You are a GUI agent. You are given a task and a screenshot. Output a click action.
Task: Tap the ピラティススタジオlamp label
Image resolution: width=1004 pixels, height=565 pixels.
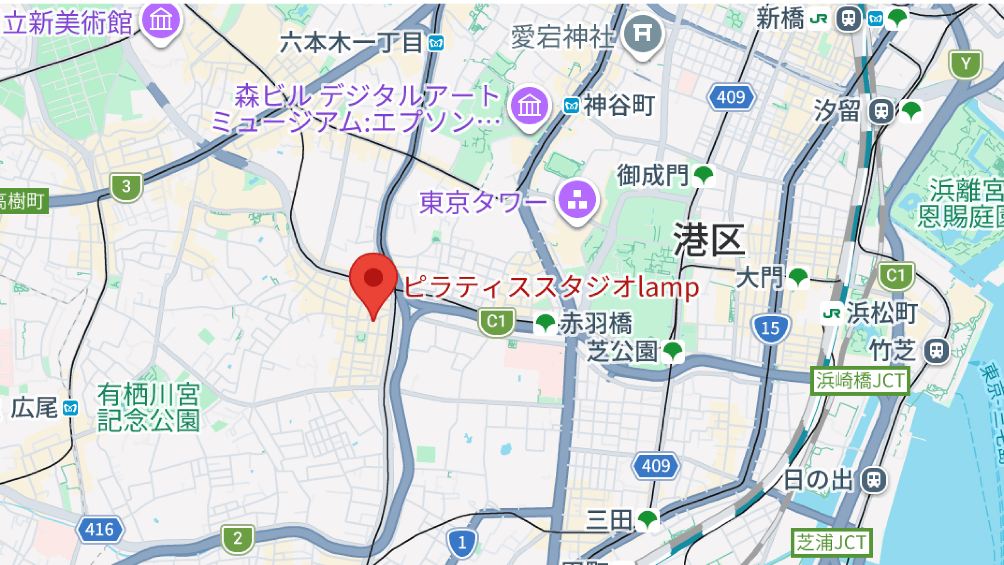click(551, 287)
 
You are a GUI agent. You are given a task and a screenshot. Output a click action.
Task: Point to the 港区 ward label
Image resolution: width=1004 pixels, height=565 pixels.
click(709, 240)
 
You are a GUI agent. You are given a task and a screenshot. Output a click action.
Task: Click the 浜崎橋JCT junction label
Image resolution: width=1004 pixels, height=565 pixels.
click(860, 381)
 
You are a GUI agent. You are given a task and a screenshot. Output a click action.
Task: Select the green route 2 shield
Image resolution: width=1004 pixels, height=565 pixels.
click(238, 538)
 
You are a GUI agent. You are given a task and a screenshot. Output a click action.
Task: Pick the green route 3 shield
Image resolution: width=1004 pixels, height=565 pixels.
click(126, 187)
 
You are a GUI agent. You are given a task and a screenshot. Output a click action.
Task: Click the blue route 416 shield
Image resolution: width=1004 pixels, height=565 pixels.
click(100, 529)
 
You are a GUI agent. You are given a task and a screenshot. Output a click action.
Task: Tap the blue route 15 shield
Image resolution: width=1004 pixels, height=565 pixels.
click(770, 328)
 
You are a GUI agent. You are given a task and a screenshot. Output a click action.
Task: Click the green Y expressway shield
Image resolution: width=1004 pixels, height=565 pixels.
click(966, 64)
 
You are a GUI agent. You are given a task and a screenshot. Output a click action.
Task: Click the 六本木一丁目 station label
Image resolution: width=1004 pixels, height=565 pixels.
click(351, 42)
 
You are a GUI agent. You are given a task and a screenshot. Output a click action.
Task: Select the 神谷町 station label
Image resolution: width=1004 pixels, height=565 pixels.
click(619, 105)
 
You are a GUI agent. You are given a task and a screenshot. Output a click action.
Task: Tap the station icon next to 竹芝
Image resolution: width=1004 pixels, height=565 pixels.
click(937, 350)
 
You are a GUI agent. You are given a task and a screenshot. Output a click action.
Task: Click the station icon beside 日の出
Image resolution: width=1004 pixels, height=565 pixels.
click(874, 479)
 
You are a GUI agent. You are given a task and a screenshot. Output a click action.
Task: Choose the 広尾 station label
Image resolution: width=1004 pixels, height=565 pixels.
click(35, 408)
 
